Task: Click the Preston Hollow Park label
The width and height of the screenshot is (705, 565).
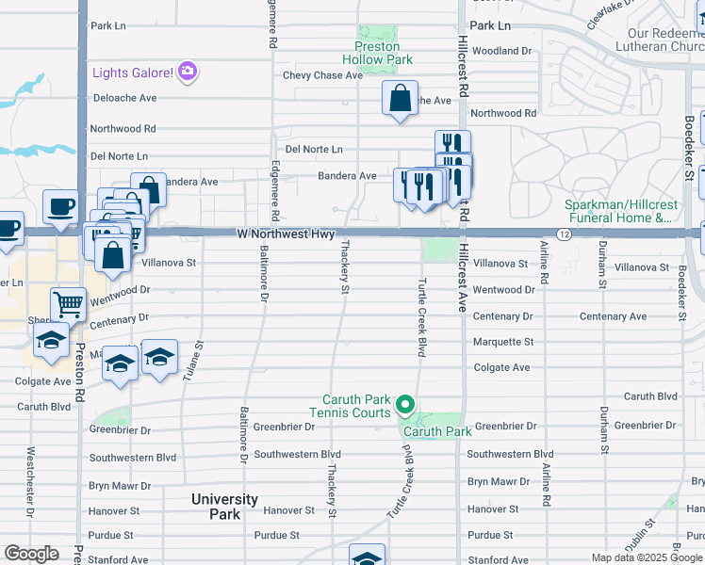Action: pyautogui.click(x=377, y=53)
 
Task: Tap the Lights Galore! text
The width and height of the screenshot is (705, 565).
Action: pyautogui.click(x=133, y=73)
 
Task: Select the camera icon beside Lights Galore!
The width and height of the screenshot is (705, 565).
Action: pyautogui.click(x=188, y=72)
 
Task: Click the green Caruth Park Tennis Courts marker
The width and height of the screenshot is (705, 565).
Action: pyautogui.click(x=405, y=405)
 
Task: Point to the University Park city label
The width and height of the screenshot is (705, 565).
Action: pyautogui.click(x=224, y=507)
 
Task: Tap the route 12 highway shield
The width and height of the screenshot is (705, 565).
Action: pyautogui.click(x=564, y=233)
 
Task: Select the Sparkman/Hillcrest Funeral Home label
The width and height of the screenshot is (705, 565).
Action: pyautogui.click(x=618, y=211)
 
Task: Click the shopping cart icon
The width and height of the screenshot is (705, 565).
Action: pyautogui.click(x=67, y=304)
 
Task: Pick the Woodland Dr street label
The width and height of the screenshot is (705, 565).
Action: pyautogui.click(x=501, y=51)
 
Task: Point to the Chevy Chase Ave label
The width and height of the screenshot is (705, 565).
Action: pyautogui.click(x=322, y=75)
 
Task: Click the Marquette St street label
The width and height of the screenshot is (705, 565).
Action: pyautogui.click(x=502, y=342)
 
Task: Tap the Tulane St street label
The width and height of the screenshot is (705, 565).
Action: pyautogui.click(x=199, y=358)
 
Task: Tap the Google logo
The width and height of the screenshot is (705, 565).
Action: pyautogui.click(x=31, y=554)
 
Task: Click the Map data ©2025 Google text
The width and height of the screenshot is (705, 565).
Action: pyautogui.click(x=646, y=557)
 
